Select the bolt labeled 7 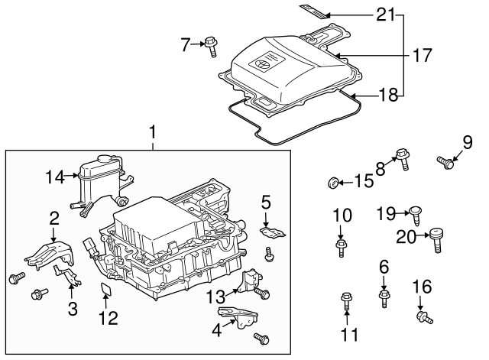211,47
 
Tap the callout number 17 422,55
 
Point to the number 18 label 388,96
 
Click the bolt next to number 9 445,161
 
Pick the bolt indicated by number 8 403,158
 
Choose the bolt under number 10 342,245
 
